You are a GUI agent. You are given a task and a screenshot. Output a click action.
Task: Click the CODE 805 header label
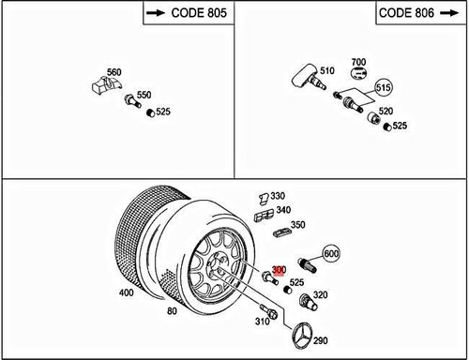(187, 15)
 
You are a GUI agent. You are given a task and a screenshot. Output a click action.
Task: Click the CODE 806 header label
(417, 15)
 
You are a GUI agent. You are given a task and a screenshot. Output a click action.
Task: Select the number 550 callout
(144, 96)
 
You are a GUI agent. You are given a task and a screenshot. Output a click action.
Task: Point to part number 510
(327, 69)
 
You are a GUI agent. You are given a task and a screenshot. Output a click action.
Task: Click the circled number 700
(357, 64)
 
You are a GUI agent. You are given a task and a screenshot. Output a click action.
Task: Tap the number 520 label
(385, 110)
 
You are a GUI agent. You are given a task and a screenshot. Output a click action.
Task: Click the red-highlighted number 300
(277, 273)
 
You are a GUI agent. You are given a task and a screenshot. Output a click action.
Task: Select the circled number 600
(330, 253)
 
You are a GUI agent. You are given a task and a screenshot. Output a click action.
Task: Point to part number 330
(278, 196)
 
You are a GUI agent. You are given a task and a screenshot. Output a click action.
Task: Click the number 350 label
(297, 226)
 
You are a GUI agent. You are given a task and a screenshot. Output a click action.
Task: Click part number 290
(321, 340)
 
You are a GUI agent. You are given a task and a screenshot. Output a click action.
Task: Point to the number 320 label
(320, 296)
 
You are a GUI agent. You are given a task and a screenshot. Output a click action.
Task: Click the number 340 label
(283, 211)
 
